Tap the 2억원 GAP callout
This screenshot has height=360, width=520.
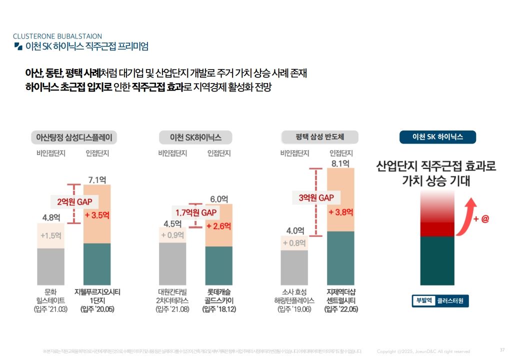click(74, 202)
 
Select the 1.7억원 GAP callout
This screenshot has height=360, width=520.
click(195, 212)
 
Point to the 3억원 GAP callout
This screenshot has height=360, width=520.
click(316, 197)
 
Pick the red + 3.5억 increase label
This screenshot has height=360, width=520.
click(97, 215)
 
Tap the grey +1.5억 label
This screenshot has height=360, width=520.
click(50, 235)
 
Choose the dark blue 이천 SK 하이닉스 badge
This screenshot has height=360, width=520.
click(437, 137)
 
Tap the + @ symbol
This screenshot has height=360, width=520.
click(481, 219)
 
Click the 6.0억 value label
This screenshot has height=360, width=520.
click(219, 199)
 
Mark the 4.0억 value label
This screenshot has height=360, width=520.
click(295, 230)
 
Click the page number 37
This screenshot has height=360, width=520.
click(502, 349)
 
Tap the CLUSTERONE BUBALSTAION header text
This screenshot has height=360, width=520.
click(57, 36)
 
